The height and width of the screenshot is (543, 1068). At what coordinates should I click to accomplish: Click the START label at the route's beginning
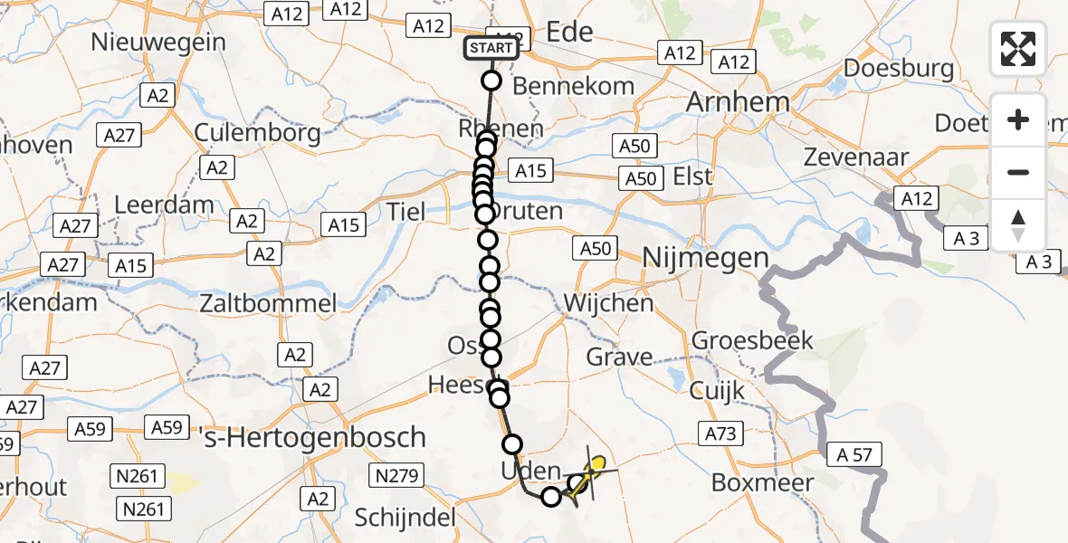pos(491,47)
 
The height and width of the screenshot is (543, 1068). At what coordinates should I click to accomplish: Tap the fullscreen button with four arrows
pos(1018,49)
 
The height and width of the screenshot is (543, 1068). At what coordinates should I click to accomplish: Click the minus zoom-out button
pos(1018,172)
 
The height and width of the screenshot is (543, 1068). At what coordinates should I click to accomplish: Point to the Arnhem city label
pos(738,102)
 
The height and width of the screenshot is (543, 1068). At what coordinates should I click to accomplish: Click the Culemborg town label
pos(258,134)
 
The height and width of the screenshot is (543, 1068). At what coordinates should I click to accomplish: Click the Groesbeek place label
pos(752,341)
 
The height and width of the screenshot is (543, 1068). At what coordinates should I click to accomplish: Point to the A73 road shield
pos(720,434)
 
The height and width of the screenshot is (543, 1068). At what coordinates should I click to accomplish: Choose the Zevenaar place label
pos(855,157)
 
